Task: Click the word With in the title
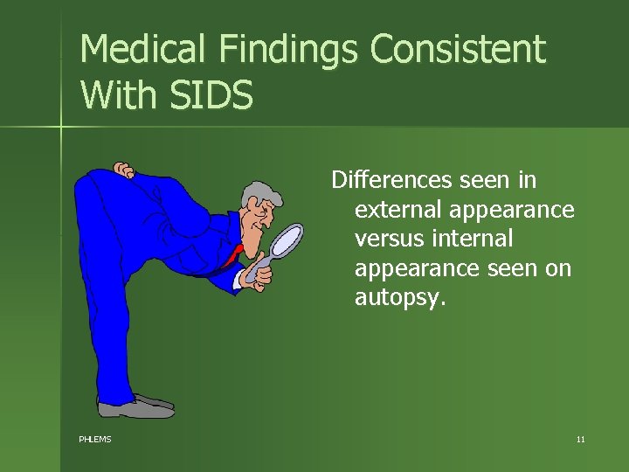pos(114,94)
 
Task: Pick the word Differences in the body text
pos(389,180)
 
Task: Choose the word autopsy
pos(399,297)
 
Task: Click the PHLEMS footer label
pos(95,439)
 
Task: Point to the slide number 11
pos(580,439)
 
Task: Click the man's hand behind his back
pos(124,170)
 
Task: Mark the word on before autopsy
pos(558,268)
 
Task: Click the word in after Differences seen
pos(527,180)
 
